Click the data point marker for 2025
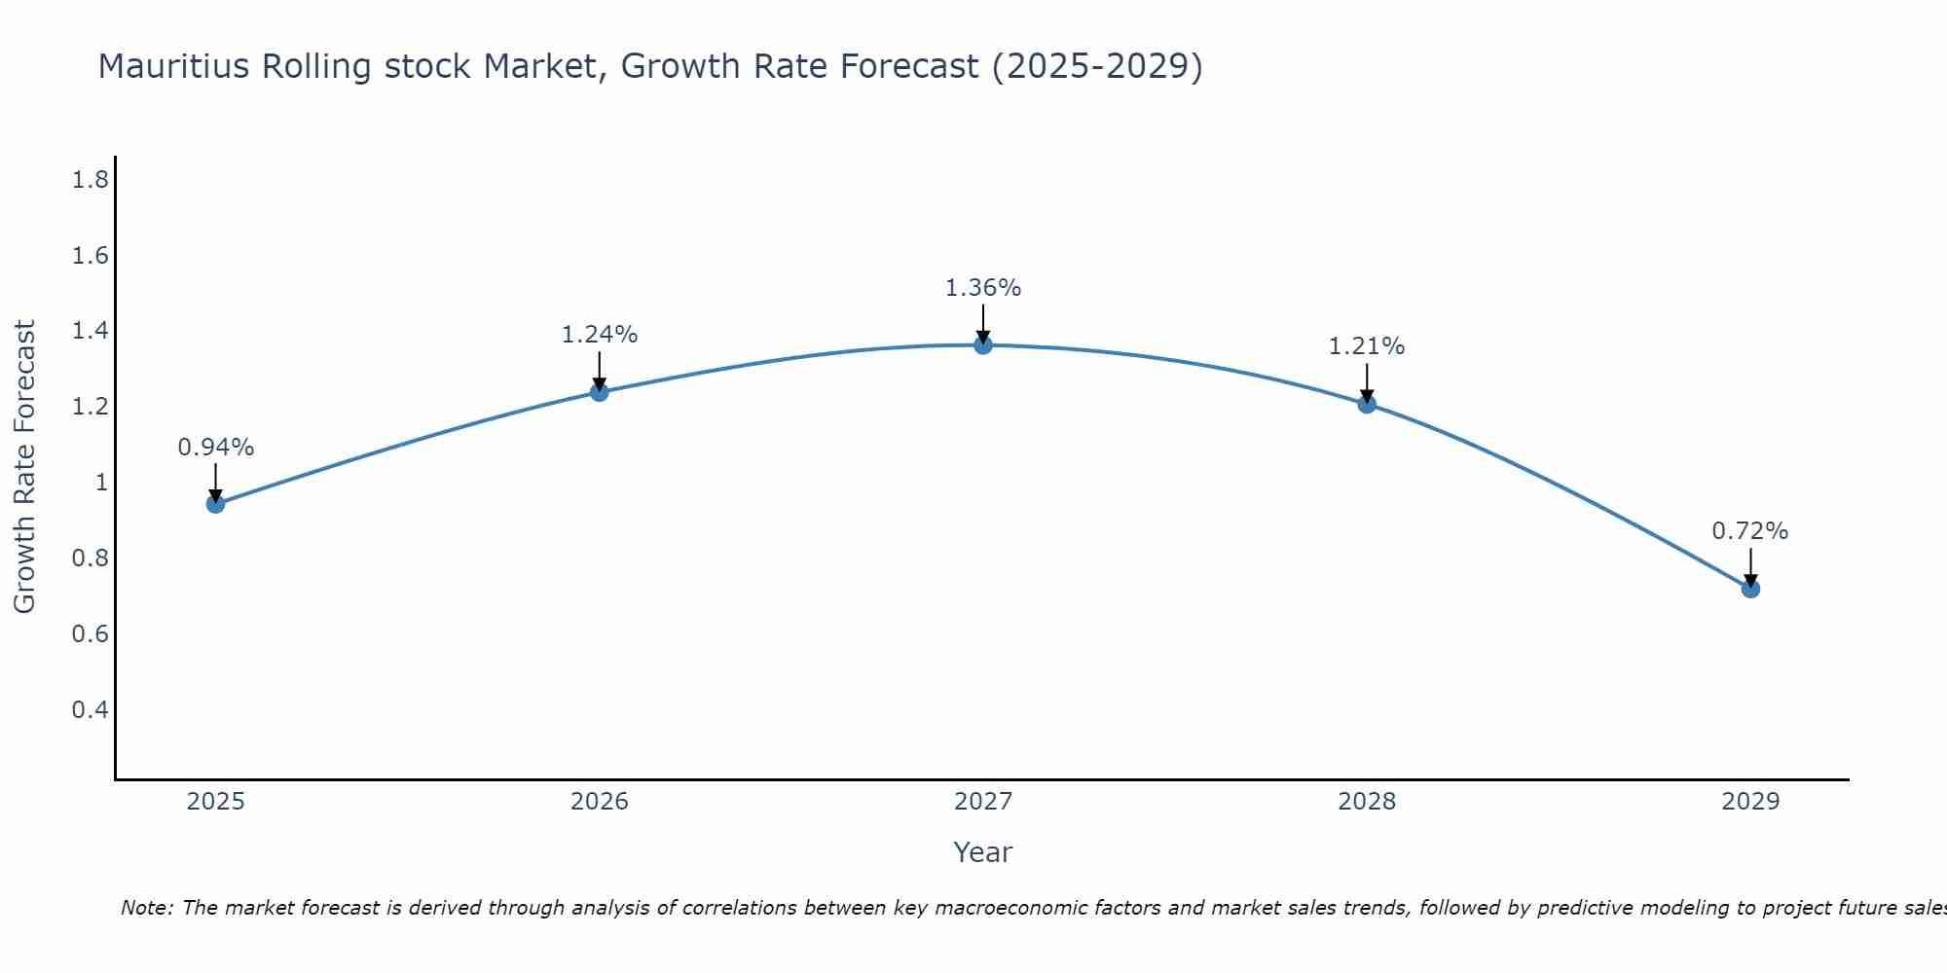tap(216, 504)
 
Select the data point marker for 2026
tap(600, 392)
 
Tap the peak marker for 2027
tap(983, 345)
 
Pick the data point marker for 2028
tap(1367, 404)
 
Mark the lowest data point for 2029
tap(1750, 589)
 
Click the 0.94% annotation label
tap(216, 448)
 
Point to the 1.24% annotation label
tap(600, 335)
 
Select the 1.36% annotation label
tap(983, 288)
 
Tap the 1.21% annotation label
tap(1367, 346)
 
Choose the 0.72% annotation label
tap(1750, 531)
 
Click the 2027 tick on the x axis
tap(983, 802)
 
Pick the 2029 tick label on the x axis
tap(1750, 802)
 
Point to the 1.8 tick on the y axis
tap(91, 180)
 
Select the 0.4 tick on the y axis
tap(91, 709)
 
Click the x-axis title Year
tap(983, 852)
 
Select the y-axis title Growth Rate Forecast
tap(25, 467)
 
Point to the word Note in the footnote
tap(146, 908)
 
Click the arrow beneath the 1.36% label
tap(983, 323)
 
